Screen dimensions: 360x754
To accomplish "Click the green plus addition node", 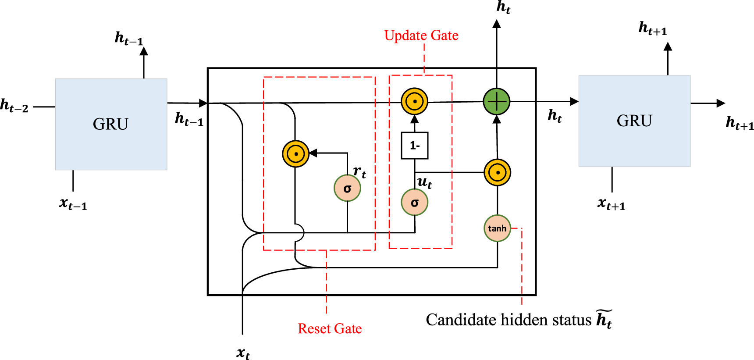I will coord(496,101).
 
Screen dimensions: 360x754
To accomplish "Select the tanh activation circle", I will coord(497,228).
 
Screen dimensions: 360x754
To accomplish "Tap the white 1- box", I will coord(415,146).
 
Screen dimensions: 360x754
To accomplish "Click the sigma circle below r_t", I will coord(347,189).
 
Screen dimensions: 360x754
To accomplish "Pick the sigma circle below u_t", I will coord(414,203).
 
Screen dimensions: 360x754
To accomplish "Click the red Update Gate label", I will coord(421,36).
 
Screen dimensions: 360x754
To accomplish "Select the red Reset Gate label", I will coord(330,328).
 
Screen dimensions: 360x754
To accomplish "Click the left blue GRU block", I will coord(111,124).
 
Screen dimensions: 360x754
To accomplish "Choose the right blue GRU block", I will coord(634,121).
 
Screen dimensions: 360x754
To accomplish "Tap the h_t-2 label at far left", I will coord(14,106).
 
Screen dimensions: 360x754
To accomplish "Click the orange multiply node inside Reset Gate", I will coord(296,154).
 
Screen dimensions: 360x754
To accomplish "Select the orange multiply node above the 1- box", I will coord(414,101).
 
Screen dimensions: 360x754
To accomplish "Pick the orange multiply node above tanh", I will coord(497,172).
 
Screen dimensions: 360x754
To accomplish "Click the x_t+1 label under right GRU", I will coord(611,204).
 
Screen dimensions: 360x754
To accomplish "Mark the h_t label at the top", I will coord(503,7).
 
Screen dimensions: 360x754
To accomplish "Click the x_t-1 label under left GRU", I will coord(73,204).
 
